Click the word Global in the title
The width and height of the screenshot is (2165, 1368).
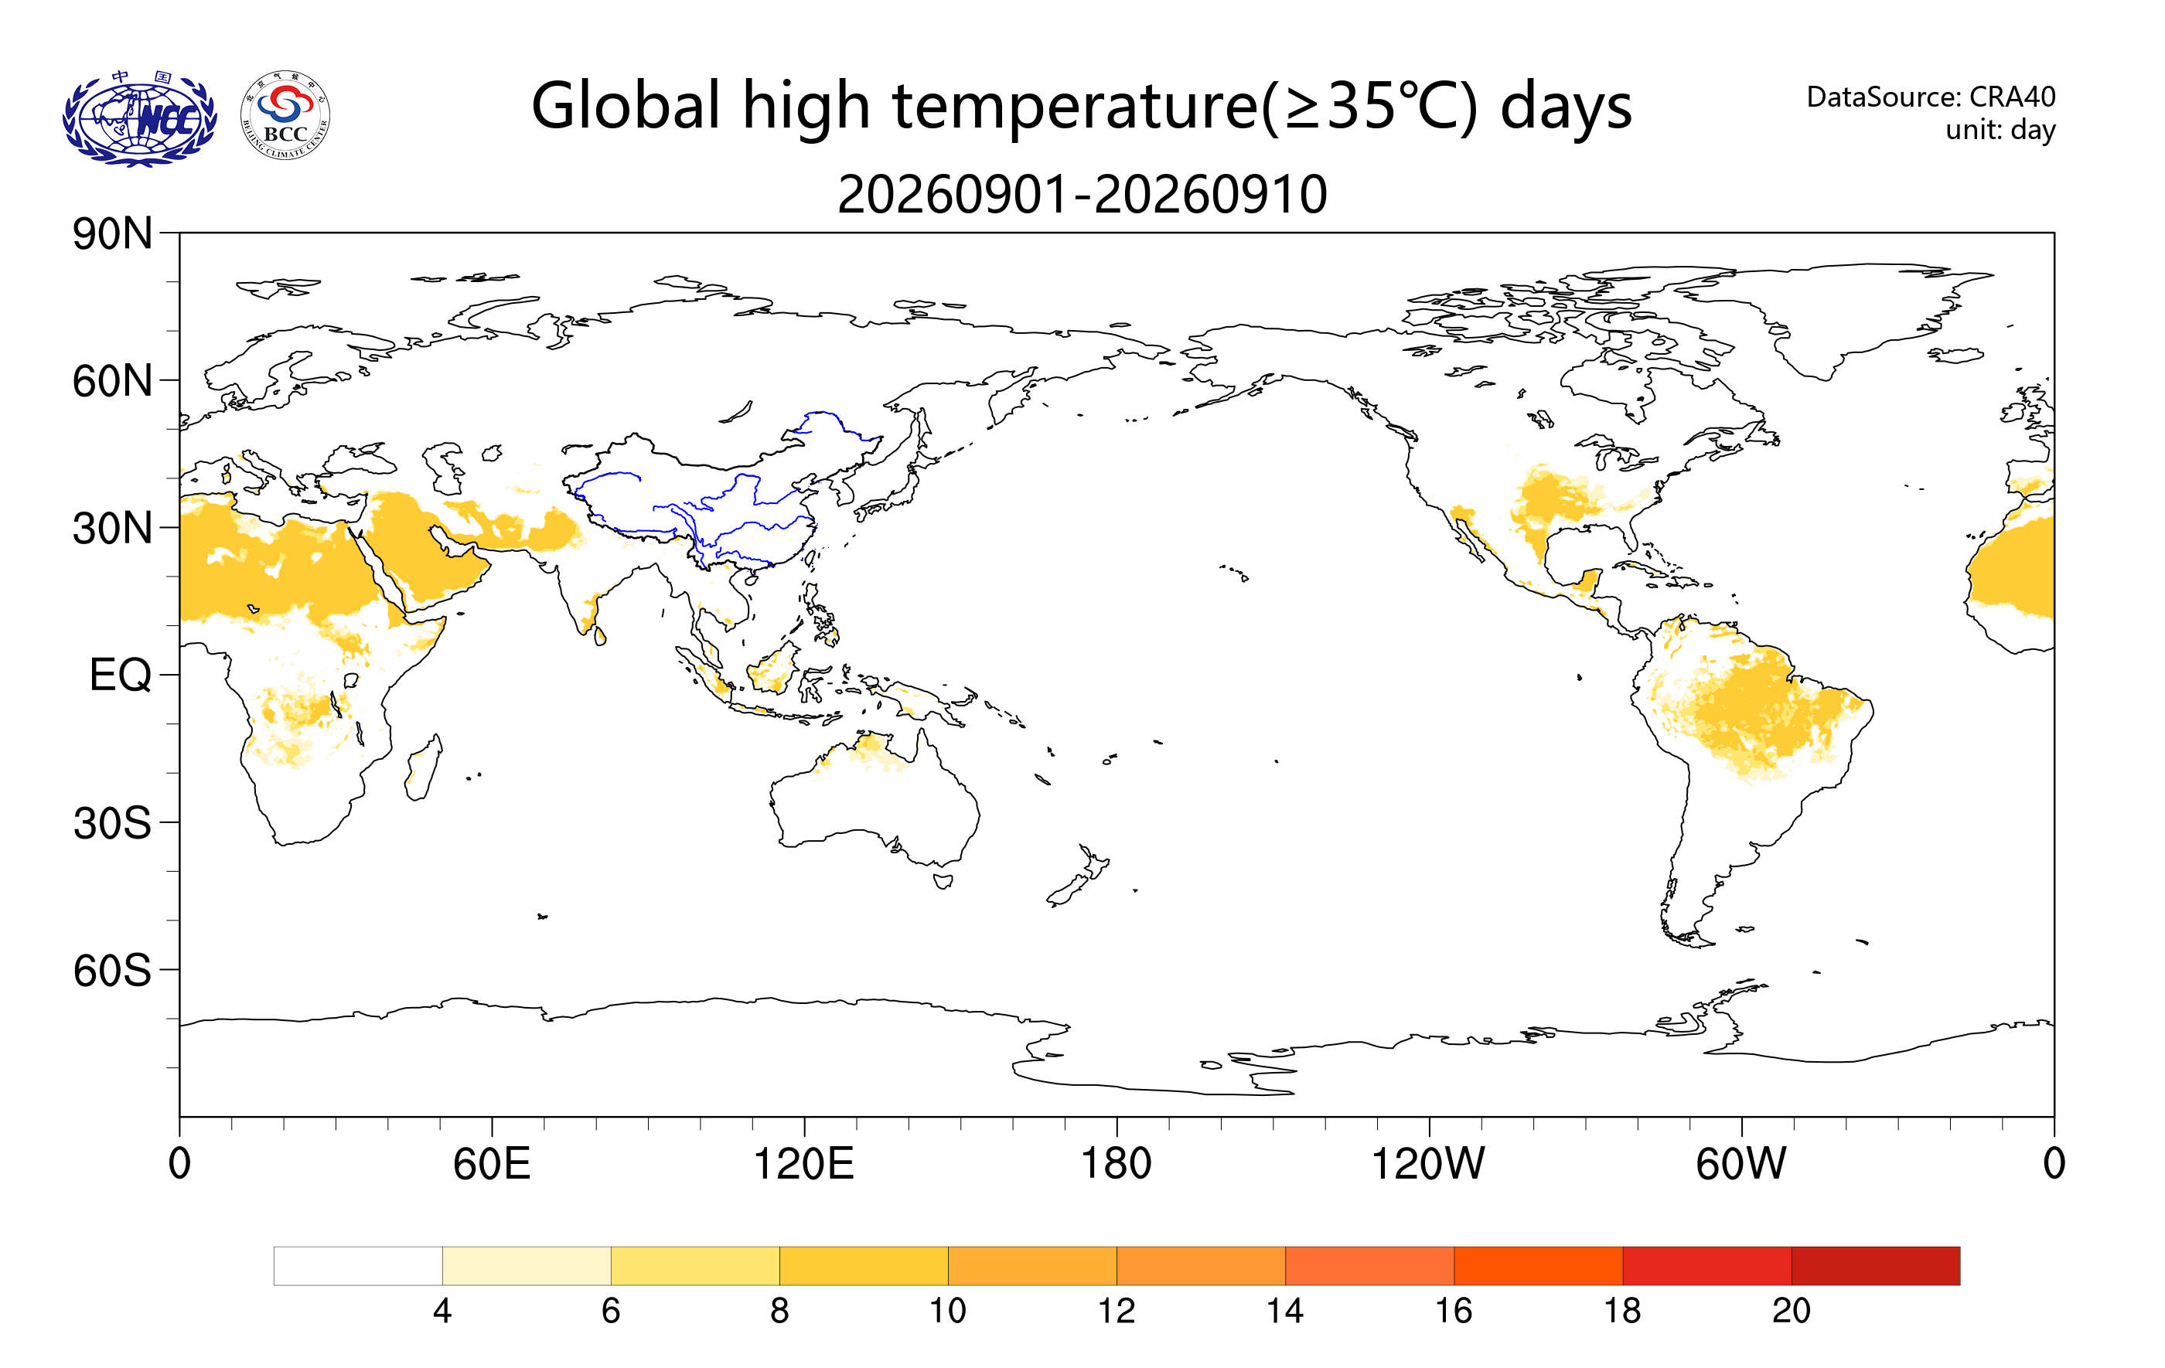pos(626,106)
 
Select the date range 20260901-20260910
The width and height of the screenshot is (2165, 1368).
pos(1082,194)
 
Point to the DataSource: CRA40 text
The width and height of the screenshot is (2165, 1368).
pos(1931,96)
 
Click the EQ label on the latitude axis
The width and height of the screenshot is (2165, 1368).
pos(121,675)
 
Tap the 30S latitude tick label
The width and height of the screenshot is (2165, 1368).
pos(112,822)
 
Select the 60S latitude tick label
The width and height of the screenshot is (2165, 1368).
pos(112,971)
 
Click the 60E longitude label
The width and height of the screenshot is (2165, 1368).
pos(492,1164)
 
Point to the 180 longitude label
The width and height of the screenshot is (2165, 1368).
pos(1116,1164)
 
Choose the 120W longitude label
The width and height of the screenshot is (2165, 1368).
pos(1428,1164)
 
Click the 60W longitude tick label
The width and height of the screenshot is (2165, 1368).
pos(1741,1164)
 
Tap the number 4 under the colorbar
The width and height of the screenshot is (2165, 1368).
pos(442,1311)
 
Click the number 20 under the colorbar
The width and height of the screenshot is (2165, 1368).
pos(1791,1311)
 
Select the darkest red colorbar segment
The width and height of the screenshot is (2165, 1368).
pos(1876,1265)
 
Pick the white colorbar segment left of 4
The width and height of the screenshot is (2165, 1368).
pos(358,1265)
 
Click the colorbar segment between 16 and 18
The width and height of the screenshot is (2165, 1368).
pos(1539,1265)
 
